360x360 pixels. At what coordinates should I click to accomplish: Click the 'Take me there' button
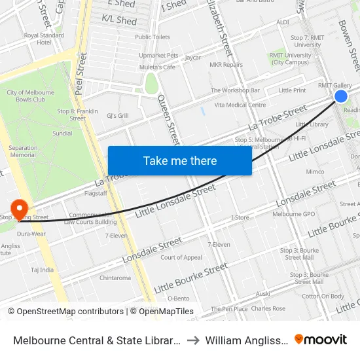click(179, 160)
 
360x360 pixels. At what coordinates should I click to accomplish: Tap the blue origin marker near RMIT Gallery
click(341, 96)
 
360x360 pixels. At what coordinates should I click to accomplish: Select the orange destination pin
click(20, 207)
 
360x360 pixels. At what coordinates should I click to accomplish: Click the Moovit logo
click(321, 340)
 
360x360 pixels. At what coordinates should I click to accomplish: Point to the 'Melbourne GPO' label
click(294, 214)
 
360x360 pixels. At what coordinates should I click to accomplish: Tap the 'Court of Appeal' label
click(181, 257)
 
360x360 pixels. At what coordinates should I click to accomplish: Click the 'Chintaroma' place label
click(115, 278)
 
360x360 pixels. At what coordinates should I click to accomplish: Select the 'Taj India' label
click(42, 269)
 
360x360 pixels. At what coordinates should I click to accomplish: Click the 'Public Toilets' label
click(153, 37)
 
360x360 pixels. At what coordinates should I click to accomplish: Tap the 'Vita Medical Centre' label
click(240, 105)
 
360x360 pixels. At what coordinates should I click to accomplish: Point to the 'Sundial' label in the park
click(63, 133)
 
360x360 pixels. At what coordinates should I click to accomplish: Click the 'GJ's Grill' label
click(118, 115)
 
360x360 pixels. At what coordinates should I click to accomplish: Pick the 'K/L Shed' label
click(119, 21)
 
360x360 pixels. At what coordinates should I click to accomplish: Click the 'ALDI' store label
click(282, 22)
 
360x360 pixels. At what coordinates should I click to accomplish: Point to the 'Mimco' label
click(315, 172)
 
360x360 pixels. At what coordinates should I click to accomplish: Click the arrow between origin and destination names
click(194, 340)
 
